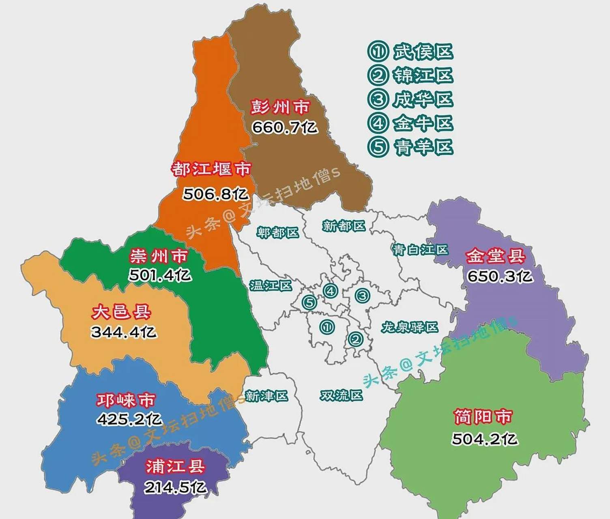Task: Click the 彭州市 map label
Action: (x=280, y=107)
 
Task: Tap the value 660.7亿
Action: (x=284, y=127)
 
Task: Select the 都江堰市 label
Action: (x=211, y=169)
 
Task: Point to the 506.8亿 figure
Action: (x=215, y=194)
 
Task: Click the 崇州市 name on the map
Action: (x=159, y=256)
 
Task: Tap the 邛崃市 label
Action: (x=126, y=400)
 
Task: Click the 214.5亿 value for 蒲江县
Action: (x=175, y=487)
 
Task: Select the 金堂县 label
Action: (x=495, y=256)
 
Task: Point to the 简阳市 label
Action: (x=483, y=417)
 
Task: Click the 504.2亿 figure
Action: (x=485, y=439)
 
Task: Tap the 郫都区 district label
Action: (x=278, y=232)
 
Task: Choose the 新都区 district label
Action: (x=344, y=225)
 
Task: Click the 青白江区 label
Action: (x=420, y=249)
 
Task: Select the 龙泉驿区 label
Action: (x=410, y=327)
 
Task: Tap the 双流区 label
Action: (x=341, y=395)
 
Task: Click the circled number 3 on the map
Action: (x=362, y=296)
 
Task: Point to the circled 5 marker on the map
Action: (x=309, y=302)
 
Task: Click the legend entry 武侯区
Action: (x=410, y=51)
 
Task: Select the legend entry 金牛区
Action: (x=410, y=123)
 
